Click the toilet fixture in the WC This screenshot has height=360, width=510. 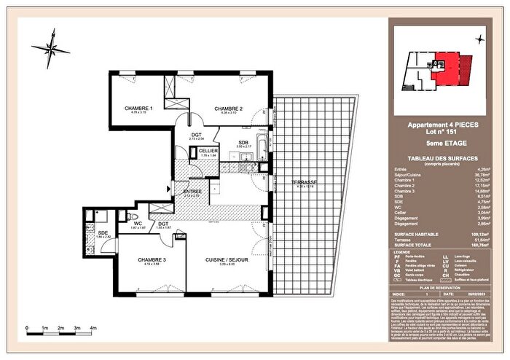pyautogui.click(x=128, y=216)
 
